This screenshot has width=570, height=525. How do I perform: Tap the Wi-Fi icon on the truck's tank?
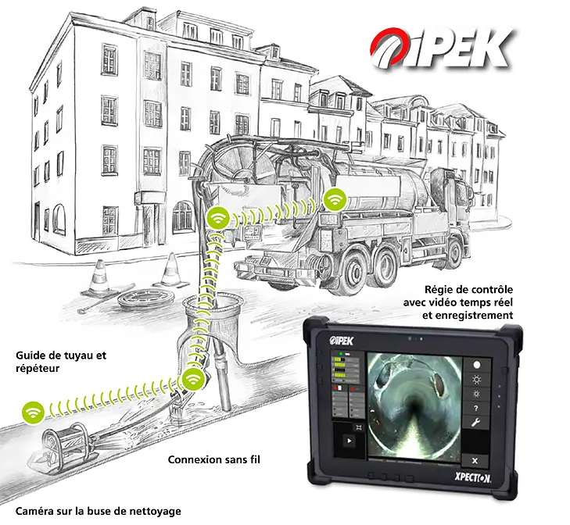click(x=335, y=199)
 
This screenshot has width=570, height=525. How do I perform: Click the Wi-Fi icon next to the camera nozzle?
click(x=33, y=412)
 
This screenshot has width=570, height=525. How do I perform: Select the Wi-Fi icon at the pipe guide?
click(x=193, y=380)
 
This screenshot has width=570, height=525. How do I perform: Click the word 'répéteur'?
click(x=38, y=369)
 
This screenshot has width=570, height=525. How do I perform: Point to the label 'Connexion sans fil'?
click(x=213, y=459)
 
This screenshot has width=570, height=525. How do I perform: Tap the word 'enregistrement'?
click(x=468, y=315)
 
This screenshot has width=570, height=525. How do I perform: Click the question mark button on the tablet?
click(x=476, y=408)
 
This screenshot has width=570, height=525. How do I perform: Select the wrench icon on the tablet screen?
click(x=476, y=422)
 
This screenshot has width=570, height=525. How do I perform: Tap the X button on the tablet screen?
click(x=475, y=461)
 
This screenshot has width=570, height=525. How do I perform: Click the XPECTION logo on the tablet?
click(x=472, y=478)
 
